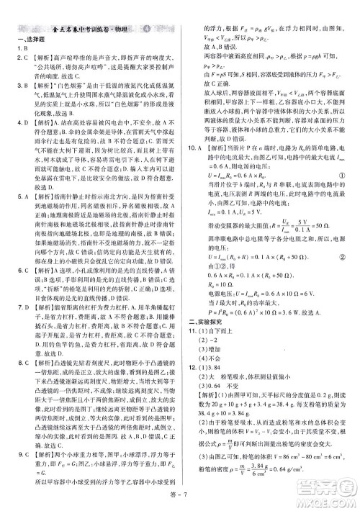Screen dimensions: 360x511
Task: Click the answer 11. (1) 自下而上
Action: click(212, 310)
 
